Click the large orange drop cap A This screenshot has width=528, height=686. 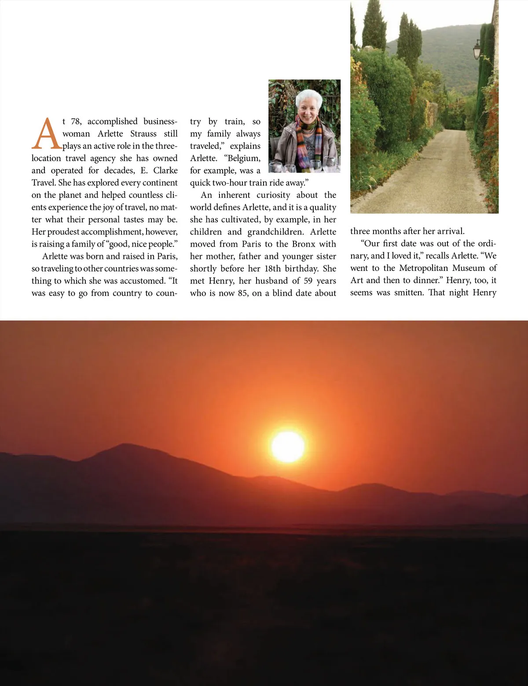pyautogui.click(x=45, y=134)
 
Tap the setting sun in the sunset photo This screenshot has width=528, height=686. pyautogui.click(x=288, y=446)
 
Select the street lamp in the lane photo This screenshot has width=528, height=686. pyautogui.click(x=477, y=49)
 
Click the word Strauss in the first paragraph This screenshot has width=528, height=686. pyautogui.click(x=143, y=134)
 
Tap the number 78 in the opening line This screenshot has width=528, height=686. pyautogui.click(x=76, y=122)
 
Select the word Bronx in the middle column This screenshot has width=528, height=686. pyautogui.click(x=303, y=244)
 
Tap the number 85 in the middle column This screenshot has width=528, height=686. pyautogui.click(x=243, y=293)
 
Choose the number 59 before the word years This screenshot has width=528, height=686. pyautogui.click(x=308, y=281)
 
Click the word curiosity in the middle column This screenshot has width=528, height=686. pyautogui.click(x=273, y=195)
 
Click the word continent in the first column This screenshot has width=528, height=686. pyautogui.click(x=160, y=183)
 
